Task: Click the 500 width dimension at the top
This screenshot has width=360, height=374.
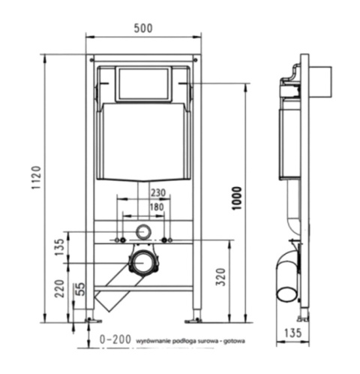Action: click(x=143, y=28)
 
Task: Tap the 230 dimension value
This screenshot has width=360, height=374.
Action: click(x=157, y=193)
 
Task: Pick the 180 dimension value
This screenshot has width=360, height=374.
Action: click(x=157, y=207)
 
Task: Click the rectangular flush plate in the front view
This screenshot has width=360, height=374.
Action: click(x=142, y=85)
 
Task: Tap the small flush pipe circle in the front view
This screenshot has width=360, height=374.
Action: click(x=142, y=231)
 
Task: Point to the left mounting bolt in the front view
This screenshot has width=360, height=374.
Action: click(x=118, y=240)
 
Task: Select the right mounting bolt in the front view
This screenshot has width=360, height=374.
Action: click(x=167, y=240)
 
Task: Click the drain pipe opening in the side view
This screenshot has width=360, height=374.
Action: click(x=286, y=290)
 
